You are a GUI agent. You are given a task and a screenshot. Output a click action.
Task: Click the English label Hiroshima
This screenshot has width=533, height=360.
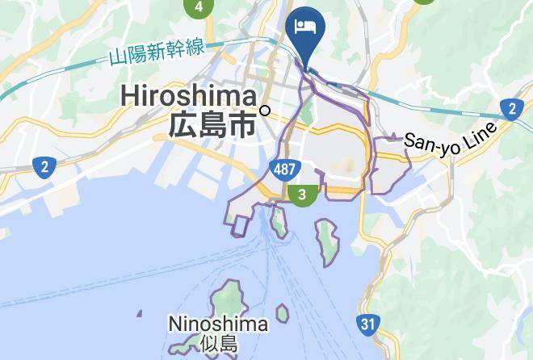(188, 96)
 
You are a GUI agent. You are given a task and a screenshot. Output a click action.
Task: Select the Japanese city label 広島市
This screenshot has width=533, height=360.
(212, 124)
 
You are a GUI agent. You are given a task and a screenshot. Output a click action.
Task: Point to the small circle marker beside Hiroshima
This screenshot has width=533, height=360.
(265, 111)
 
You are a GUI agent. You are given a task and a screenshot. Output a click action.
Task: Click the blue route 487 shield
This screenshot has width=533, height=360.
(283, 169)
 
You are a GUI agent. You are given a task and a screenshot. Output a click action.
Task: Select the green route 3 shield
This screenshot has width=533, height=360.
(302, 195)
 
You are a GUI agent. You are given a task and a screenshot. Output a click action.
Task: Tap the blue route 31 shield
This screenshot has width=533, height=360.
(368, 325)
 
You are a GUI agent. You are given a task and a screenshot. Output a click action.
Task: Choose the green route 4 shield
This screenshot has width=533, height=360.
(198, 7)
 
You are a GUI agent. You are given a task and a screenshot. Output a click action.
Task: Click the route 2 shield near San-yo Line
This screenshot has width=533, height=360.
(510, 108)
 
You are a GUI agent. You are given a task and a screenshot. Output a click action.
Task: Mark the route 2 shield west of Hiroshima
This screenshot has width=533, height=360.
(44, 167)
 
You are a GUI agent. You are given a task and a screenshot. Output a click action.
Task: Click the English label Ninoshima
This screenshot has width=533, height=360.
(218, 324)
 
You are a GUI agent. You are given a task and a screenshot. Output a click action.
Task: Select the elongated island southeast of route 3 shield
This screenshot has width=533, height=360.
(326, 240)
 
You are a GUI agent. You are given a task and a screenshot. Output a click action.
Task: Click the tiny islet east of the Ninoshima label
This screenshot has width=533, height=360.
(282, 312)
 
